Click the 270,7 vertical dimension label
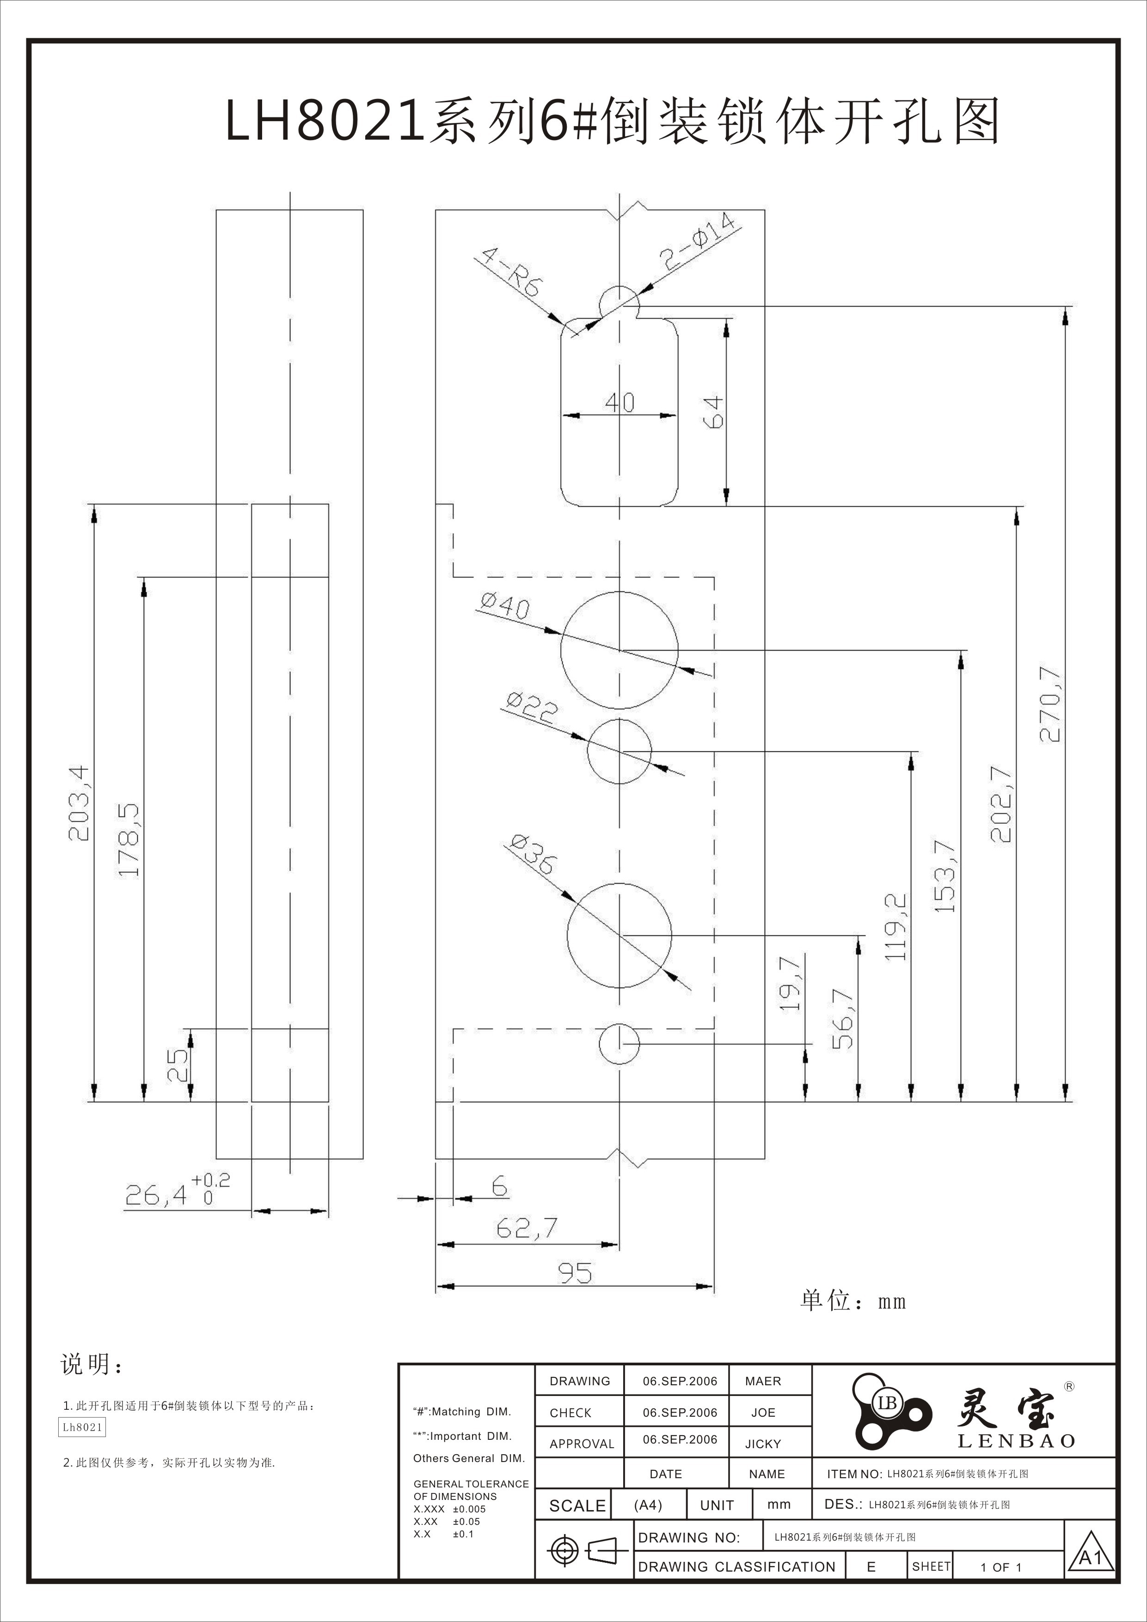1050,704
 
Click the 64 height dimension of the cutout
713,412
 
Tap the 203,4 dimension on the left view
79,803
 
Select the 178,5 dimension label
129,840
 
